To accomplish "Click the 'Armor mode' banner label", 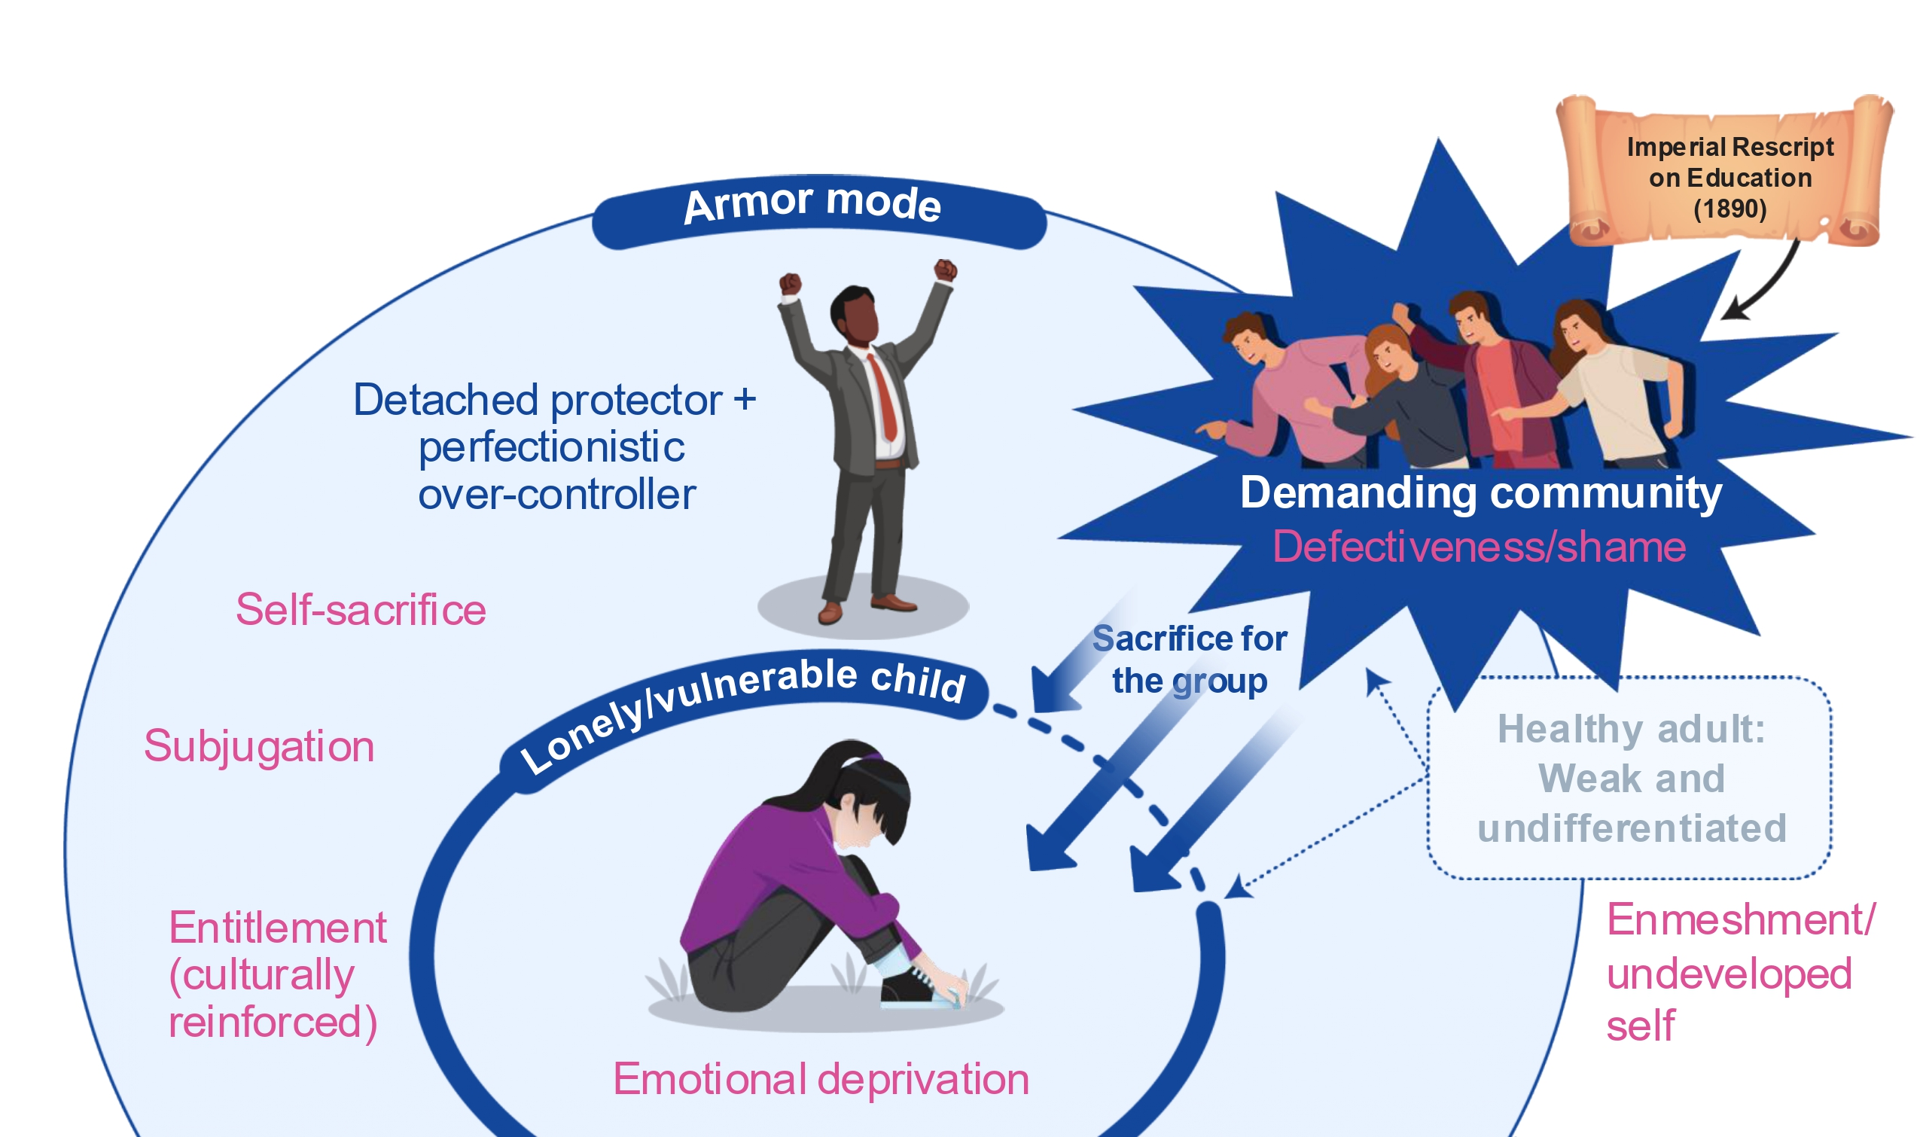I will [x=812, y=204].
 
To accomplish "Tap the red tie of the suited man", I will [x=884, y=398].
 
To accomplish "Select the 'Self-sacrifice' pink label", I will [x=360, y=610].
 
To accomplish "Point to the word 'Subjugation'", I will [x=259, y=746].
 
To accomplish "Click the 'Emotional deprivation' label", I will [x=821, y=1080].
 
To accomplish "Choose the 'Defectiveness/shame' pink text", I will [x=1480, y=547].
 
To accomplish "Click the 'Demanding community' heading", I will [x=1481, y=492].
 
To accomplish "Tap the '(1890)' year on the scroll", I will [x=1730, y=209].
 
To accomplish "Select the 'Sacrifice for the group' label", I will [x=1189, y=659].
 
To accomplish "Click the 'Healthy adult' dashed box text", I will [x=1631, y=779].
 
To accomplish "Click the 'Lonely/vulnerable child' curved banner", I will [x=743, y=709].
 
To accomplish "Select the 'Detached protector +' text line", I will [x=554, y=400].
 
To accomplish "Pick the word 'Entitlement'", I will [x=277, y=928].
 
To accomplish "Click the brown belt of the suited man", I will [x=888, y=464].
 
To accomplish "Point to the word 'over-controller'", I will [x=556, y=495].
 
